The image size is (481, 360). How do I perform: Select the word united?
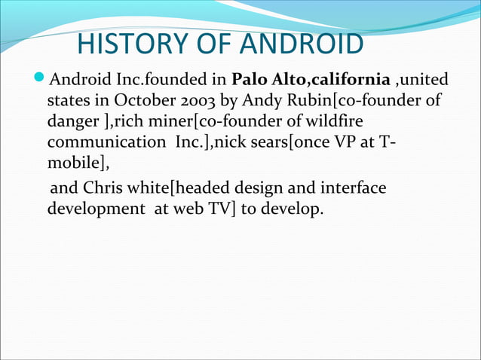tap(426, 79)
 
